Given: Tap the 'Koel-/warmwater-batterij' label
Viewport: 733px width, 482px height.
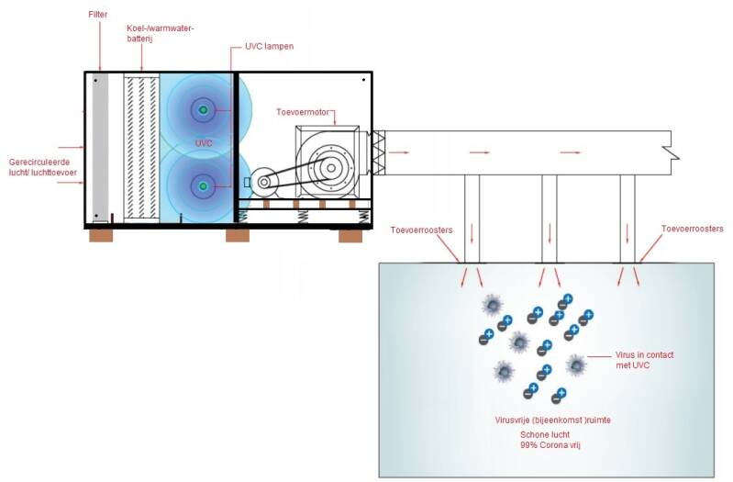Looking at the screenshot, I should coord(161,34).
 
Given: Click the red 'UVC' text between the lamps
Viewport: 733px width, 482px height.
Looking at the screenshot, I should coord(204,144).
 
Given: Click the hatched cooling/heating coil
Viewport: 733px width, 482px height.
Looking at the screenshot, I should coord(141,147).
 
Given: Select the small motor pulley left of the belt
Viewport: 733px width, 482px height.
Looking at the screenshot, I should coord(264,182).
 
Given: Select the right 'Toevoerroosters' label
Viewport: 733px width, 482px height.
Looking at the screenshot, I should coord(692,228).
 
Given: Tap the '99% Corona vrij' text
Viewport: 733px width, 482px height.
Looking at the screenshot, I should coord(546,444).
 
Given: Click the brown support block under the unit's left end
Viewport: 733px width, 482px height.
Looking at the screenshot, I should coord(101,235).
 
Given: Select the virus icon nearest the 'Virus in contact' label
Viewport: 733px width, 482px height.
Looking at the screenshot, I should coord(576,364).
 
